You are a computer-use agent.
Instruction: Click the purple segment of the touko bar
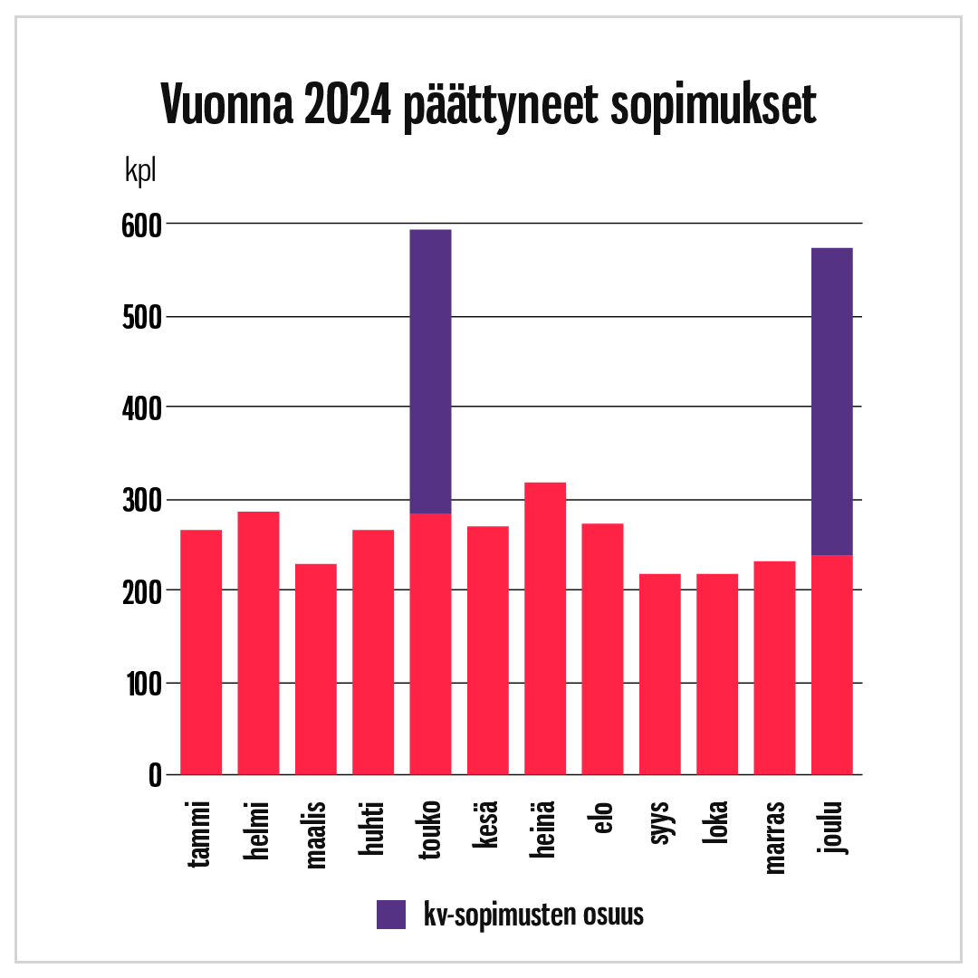430,371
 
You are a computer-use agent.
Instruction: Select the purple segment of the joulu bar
832,401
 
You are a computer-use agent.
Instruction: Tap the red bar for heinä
545,628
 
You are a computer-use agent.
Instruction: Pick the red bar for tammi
201,652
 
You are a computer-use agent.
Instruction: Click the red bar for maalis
316,669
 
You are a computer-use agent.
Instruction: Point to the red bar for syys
660,674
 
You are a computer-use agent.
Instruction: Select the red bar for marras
774,667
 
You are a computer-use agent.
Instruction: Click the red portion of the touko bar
430,644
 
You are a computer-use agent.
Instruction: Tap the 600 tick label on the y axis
140,225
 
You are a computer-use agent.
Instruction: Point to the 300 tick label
140,501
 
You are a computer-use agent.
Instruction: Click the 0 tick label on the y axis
154,775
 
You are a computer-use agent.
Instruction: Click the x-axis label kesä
487,825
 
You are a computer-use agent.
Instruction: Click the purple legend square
391,915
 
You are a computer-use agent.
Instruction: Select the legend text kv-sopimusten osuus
533,915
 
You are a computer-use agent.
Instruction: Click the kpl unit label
140,171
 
